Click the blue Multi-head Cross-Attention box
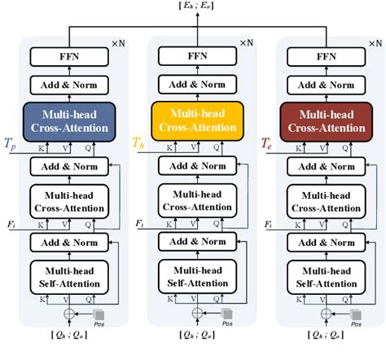coord(69,120)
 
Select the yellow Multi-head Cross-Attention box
coord(196,120)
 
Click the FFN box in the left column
coord(69,57)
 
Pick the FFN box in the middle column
coord(196,57)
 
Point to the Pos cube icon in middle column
coord(226,314)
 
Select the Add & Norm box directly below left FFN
coord(69,85)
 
